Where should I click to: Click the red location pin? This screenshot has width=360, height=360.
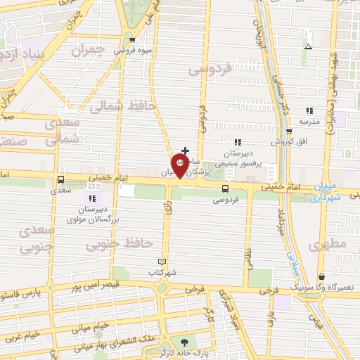(x=181, y=166)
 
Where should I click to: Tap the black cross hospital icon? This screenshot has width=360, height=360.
(x=185, y=150)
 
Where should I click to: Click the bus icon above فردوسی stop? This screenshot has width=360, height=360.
(x=225, y=188)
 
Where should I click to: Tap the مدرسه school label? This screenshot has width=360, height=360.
(x=311, y=120)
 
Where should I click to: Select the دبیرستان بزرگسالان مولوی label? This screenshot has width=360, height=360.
(x=91, y=214)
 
